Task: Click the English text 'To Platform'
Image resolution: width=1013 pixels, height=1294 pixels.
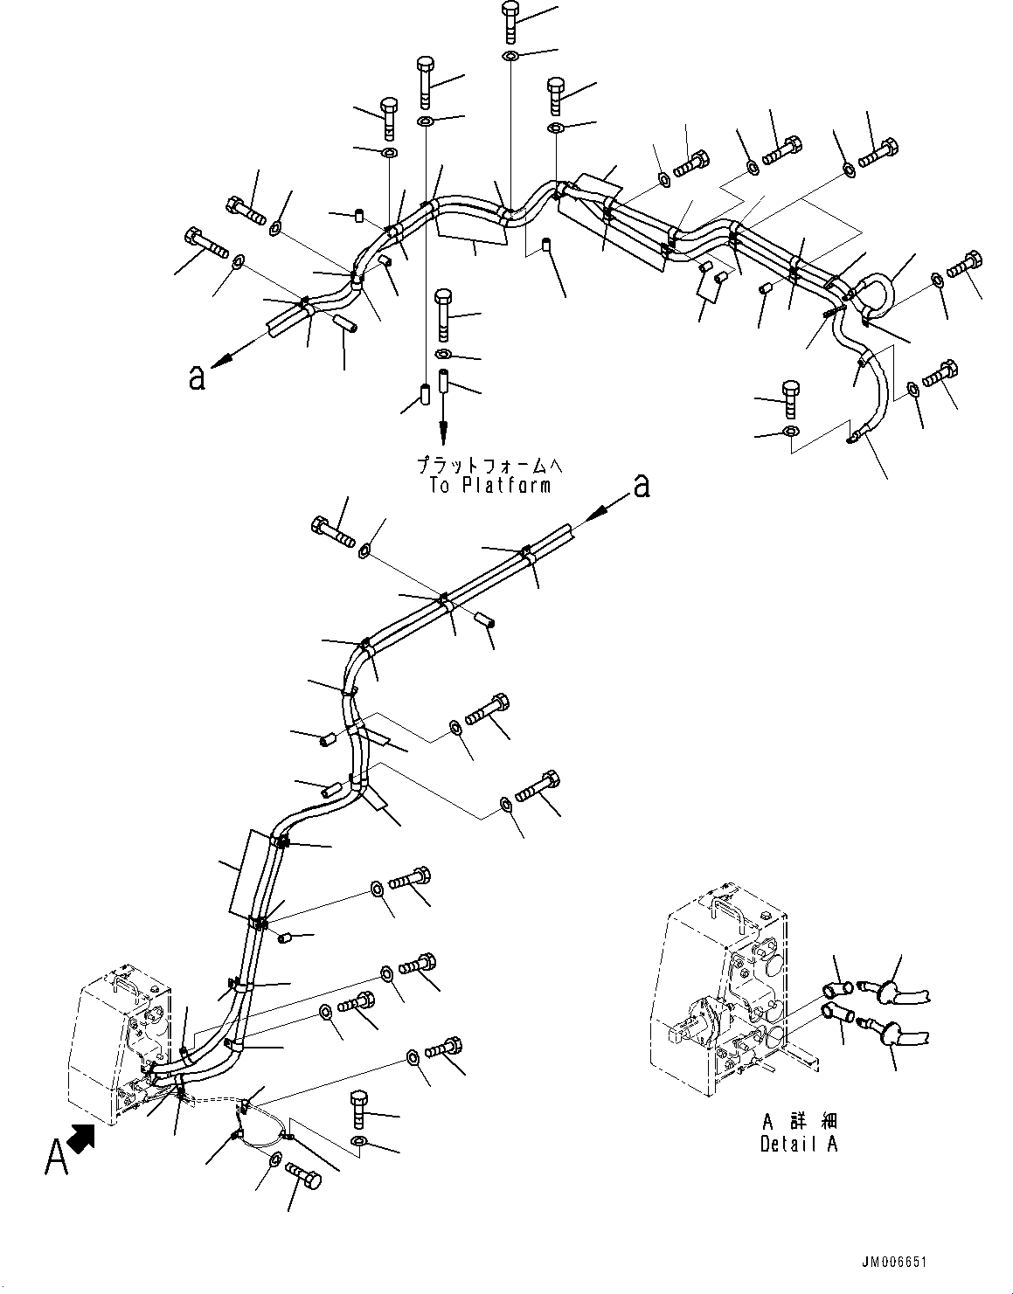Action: (x=490, y=486)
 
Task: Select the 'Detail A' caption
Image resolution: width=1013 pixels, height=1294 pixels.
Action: (x=799, y=1144)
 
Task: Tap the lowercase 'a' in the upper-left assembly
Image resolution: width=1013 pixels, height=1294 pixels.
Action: (x=198, y=377)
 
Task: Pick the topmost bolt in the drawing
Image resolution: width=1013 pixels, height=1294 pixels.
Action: (x=510, y=21)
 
